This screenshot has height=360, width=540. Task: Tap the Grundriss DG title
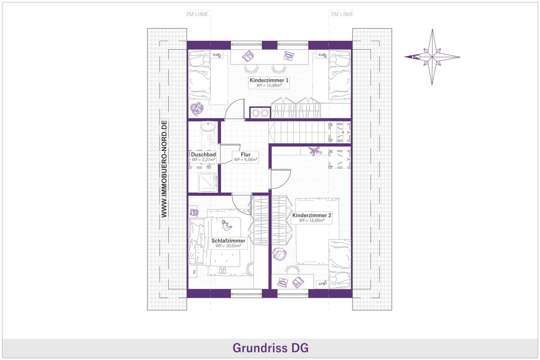270,348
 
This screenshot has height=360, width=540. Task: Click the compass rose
432,57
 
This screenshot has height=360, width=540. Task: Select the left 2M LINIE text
197,14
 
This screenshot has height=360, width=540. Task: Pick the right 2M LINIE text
342,14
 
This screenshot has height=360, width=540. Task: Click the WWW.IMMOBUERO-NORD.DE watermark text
164,169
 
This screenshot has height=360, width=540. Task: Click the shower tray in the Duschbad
208,183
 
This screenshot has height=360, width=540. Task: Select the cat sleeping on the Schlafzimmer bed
227,225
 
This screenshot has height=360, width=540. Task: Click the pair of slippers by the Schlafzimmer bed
222,270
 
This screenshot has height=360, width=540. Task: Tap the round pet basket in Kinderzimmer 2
279,254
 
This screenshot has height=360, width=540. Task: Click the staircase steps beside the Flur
298,132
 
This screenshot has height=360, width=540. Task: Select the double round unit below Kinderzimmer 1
260,113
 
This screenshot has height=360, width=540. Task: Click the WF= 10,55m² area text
228,246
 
